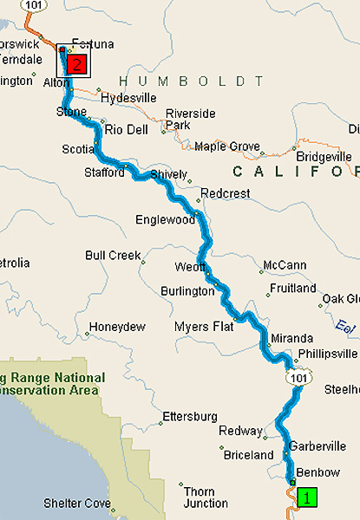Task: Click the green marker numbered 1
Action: coord(306,497)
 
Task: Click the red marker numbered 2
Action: coord(77,63)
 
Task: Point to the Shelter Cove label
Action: coord(77,503)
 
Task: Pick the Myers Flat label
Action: coord(204,327)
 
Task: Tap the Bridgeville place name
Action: coord(324,157)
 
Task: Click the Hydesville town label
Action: coord(128,98)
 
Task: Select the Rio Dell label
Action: coord(127,129)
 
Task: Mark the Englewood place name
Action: coord(165,220)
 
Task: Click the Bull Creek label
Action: coord(113,256)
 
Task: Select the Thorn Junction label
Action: coord(200,497)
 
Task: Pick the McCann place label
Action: coord(287,264)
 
